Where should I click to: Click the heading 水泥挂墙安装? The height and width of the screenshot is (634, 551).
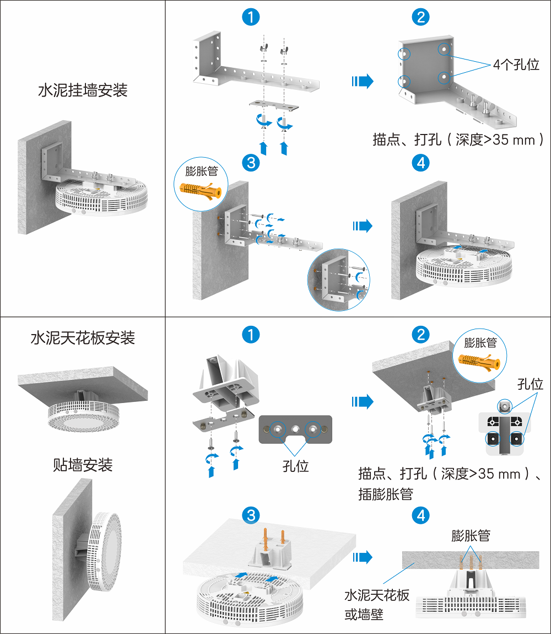83,90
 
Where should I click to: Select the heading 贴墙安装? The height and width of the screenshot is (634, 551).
83,465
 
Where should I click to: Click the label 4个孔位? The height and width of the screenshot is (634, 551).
516,65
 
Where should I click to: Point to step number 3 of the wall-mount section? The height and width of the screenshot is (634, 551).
251,163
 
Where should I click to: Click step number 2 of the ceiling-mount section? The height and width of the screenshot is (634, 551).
421,335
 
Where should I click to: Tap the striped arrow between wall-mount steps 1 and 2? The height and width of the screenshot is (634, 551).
362,82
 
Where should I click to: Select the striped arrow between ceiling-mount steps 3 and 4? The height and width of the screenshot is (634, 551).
362,557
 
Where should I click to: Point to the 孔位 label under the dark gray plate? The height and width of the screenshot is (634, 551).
295,466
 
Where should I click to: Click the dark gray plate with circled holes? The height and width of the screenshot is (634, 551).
296,429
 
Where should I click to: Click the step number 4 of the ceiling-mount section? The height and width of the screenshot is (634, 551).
421,515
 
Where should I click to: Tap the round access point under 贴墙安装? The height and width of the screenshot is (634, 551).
107,551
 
